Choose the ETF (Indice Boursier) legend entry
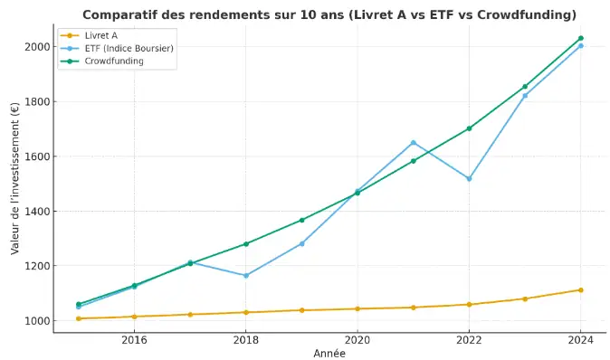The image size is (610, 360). coord(117,48)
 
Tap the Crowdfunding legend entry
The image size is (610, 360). coord(102,61)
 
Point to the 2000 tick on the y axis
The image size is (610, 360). coord(37,47)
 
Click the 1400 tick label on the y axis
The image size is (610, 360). coord(37,212)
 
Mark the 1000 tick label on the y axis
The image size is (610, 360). coord(37,321)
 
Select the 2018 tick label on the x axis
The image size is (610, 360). coord(246,340)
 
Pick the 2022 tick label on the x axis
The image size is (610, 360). coord(469,340)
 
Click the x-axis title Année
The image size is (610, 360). coord(329,354)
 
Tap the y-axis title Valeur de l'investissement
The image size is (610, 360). coord(15,178)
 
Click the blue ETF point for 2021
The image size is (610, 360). coord(414,143)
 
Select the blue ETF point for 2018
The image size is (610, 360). coord(246,276)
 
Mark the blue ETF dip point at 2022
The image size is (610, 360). coord(469,179)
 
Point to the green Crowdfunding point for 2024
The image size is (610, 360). coord(581,38)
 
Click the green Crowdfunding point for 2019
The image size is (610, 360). coord(302,220)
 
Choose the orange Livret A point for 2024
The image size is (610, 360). coord(581,290)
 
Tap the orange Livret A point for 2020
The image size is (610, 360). coord(357,309)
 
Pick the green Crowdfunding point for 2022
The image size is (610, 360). coord(469,128)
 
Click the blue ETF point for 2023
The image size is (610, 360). coord(525,95)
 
